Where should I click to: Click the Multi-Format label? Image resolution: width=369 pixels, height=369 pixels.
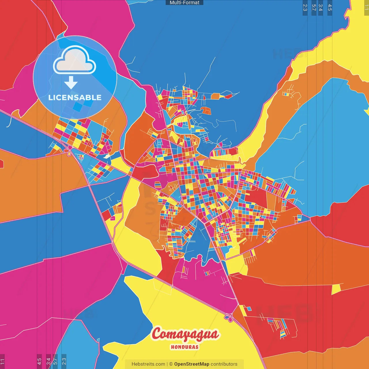pyautogui.click(x=184, y=3)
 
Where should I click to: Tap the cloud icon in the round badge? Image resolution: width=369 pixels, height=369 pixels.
pyautogui.click(x=74, y=60)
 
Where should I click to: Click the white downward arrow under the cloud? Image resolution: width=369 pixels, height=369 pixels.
pyautogui.click(x=71, y=82)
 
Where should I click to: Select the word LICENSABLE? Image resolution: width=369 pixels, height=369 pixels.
pyautogui.click(x=75, y=97)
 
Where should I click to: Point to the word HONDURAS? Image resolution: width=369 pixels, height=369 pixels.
pyautogui.click(x=184, y=347)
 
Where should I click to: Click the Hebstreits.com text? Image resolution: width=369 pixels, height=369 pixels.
pyautogui.click(x=148, y=364)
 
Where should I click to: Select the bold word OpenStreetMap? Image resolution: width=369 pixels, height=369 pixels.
pyautogui.click(x=191, y=364)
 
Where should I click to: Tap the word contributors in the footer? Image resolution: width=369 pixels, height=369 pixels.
pyautogui.click(x=224, y=364)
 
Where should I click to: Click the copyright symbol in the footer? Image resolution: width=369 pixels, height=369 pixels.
pyautogui.click(x=171, y=364)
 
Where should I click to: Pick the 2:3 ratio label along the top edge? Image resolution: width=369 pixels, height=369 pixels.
pyautogui.click(x=305, y=7)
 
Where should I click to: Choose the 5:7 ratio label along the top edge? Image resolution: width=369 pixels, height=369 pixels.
pyautogui.click(x=314, y=7)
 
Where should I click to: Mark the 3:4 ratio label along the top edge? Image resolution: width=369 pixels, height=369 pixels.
pyautogui.click(x=321, y=7)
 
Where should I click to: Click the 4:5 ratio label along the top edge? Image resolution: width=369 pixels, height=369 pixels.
pyautogui.click(x=330, y=7)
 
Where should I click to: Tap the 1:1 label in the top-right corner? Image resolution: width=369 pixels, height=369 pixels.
pyautogui.click(x=366, y=7)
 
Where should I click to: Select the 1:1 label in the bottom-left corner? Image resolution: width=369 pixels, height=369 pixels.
pyautogui.click(x=2, y=362)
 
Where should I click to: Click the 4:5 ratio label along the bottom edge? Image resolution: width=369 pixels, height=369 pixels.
pyautogui.click(x=39, y=362)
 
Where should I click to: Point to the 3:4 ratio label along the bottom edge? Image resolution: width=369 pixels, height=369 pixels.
pyautogui.click(x=48, y=362)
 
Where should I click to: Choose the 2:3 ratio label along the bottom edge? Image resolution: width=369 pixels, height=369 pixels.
pyautogui.click(x=64, y=362)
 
